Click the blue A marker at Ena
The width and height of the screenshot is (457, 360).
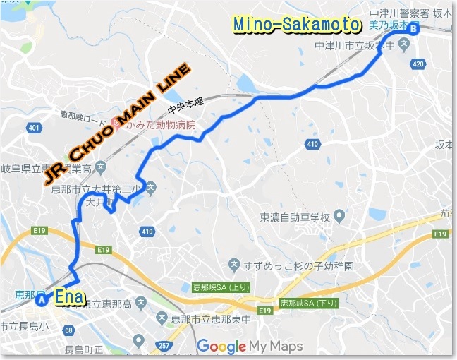42,300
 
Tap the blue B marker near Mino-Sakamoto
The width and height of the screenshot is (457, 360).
413,28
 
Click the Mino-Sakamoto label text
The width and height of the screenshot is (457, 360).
296,25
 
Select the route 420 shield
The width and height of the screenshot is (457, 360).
419,64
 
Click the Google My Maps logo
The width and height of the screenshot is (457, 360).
250,346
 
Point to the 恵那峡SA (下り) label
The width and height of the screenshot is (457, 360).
307,302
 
